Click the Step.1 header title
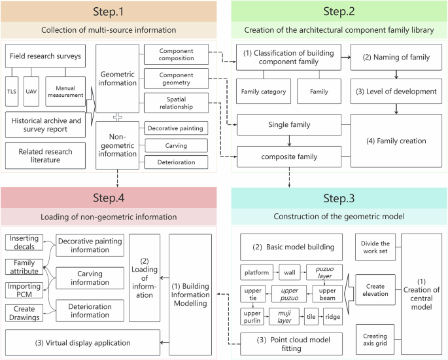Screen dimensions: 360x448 pyautogui.click(x=109, y=12)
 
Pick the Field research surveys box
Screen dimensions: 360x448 pyautogui.click(x=46, y=56)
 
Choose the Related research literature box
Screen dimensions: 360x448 pyautogui.click(x=46, y=156)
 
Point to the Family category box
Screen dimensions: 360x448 pyautogui.click(x=263, y=92)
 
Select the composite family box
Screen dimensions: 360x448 pyautogui.click(x=288, y=157)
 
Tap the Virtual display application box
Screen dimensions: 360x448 pyautogui.click(x=82, y=342)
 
